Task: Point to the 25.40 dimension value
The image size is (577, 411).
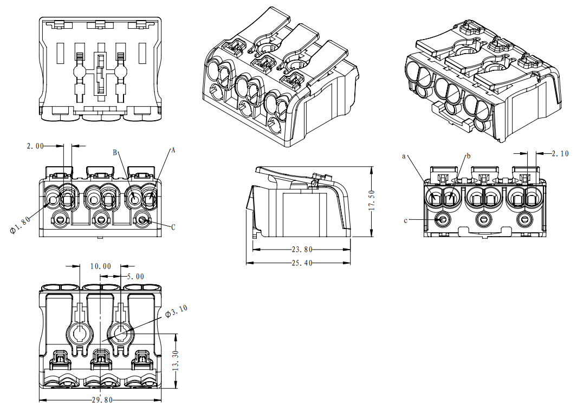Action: tap(301, 263)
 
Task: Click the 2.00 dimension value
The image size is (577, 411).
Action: tap(37, 146)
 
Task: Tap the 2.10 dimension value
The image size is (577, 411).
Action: tap(560, 154)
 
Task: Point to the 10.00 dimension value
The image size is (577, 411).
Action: tap(100, 266)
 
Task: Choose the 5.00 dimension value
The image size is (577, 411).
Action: tap(135, 276)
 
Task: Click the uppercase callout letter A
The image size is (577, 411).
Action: tap(173, 150)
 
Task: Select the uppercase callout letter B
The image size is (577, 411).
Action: tap(115, 153)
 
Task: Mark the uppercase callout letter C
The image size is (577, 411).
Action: tap(173, 227)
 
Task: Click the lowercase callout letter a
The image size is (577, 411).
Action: tap(404, 156)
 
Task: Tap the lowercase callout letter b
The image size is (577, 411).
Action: tap(469, 156)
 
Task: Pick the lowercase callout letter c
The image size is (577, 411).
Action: tap(406, 220)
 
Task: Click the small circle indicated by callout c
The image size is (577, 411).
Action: tap(443, 219)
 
